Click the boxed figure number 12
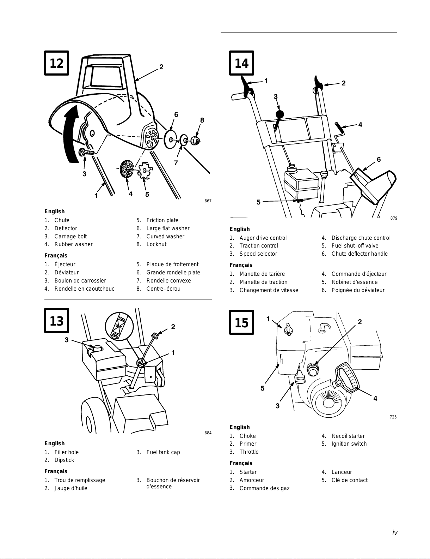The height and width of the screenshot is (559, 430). [x=56, y=63]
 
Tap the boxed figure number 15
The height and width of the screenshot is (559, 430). [x=241, y=322]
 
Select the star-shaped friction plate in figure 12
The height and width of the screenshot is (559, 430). [x=145, y=171]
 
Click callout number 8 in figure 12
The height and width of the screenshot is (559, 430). [x=202, y=120]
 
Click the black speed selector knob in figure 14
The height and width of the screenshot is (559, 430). [x=279, y=114]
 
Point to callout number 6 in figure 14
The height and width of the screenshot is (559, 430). [x=379, y=159]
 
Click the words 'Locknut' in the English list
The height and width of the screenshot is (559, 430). [x=156, y=244]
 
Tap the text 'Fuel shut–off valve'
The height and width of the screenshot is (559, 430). [x=355, y=246]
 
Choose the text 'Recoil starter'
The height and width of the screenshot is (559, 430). [x=348, y=436]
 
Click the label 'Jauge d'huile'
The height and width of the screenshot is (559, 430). [x=71, y=488]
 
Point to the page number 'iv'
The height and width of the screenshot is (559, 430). [x=395, y=533]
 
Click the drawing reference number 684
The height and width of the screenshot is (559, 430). [x=208, y=433]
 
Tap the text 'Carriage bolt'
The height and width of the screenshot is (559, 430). [x=70, y=237]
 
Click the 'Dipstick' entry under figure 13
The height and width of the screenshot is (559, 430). [x=64, y=460]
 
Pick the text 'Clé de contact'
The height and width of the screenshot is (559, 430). [x=349, y=480]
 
